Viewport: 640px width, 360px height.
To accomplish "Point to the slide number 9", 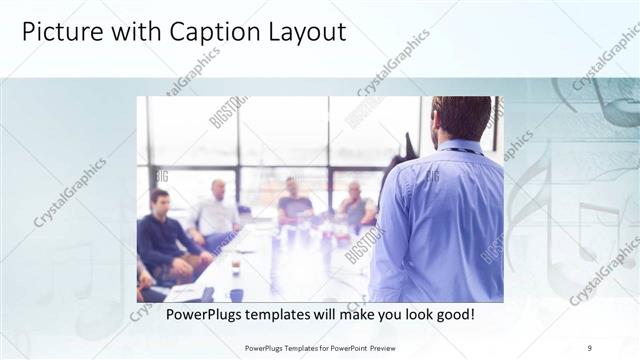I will coord(590,347).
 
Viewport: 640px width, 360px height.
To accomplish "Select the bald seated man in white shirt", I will coord(217,213).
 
